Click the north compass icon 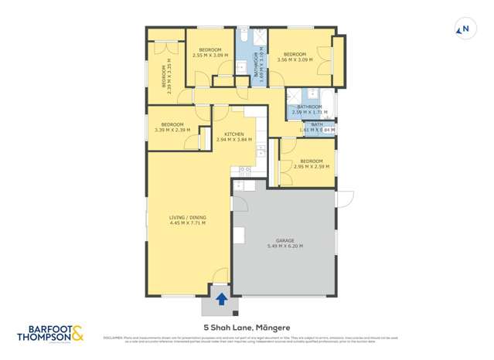click(x=464, y=30)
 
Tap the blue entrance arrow click(x=222, y=299)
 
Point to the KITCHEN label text click(x=233, y=134)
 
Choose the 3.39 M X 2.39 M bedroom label click(x=172, y=130)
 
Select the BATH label click(x=317, y=124)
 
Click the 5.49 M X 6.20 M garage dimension click(x=284, y=246)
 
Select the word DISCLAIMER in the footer click(x=114, y=337)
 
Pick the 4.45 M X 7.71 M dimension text click(x=188, y=224)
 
